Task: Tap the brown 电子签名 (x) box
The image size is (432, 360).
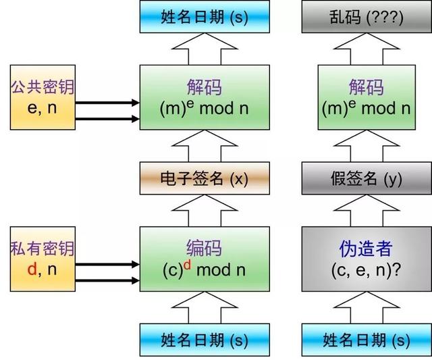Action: [204, 179]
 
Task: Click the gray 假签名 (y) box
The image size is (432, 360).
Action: [366, 179]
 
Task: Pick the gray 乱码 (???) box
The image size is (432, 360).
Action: [366, 16]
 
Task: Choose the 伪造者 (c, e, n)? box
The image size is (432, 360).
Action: [366, 259]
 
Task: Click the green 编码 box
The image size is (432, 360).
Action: [204, 259]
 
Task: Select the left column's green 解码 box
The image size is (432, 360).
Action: [204, 97]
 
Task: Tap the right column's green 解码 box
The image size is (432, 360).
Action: [366, 97]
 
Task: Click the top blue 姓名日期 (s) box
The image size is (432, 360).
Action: [204, 16]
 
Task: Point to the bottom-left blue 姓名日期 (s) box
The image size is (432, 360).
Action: [204, 340]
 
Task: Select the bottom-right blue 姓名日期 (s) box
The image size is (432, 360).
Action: [366, 340]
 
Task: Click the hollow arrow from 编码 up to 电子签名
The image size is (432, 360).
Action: [204, 211]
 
